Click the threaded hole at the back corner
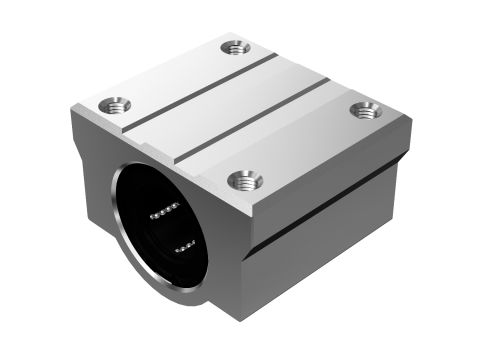click(236, 46)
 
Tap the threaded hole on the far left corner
click(110, 103)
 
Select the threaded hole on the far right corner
click(365, 109)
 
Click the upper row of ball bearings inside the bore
click(163, 210)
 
